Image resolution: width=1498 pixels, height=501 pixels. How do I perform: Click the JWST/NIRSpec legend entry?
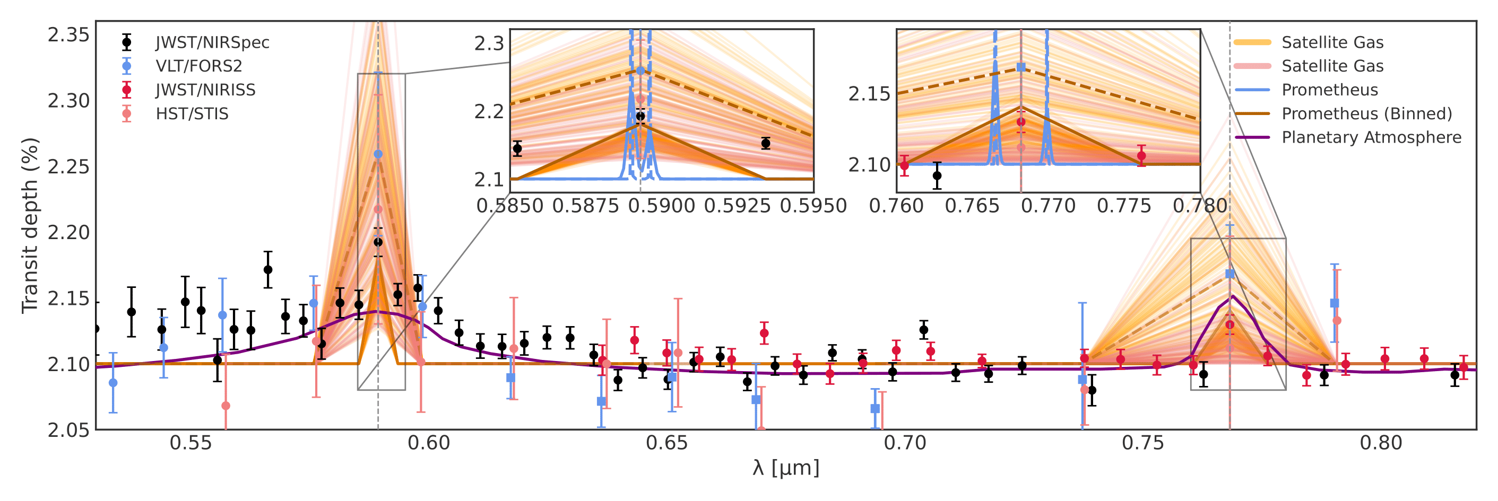pyautogui.click(x=212, y=42)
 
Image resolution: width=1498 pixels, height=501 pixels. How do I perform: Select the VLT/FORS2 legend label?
pyautogui.click(x=198, y=66)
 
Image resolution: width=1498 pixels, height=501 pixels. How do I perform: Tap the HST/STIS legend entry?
pyautogui.click(x=192, y=114)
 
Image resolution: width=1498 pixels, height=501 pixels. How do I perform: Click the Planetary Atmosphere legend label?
pyautogui.click(x=1371, y=138)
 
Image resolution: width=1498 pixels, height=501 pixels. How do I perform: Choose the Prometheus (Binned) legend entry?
pyautogui.click(x=1366, y=114)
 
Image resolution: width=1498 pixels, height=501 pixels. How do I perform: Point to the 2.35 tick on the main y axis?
pyautogui.click(x=68, y=35)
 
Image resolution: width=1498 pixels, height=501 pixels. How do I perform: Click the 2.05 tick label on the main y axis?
pyautogui.click(x=68, y=430)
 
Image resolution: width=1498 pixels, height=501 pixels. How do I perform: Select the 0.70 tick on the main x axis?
pyautogui.click(x=904, y=443)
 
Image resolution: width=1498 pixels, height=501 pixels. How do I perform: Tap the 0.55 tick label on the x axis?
pyautogui.click(x=191, y=443)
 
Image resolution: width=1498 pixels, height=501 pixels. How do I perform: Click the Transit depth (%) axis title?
pyautogui.click(x=30, y=225)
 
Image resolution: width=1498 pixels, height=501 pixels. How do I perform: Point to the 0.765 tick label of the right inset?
pyautogui.click(x=972, y=206)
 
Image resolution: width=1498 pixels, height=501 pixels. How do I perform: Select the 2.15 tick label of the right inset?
pyautogui.click(x=869, y=94)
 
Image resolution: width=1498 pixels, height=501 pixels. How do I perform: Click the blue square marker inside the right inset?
pyautogui.click(x=1020, y=67)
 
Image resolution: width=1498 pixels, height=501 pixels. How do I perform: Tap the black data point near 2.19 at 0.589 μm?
pyautogui.click(x=378, y=242)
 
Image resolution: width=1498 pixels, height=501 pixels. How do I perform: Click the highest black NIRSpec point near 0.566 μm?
pyautogui.click(x=267, y=270)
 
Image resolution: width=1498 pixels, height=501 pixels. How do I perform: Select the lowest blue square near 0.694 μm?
pyautogui.click(x=874, y=409)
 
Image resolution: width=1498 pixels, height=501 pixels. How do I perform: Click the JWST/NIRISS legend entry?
pyautogui.click(x=205, y=90)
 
